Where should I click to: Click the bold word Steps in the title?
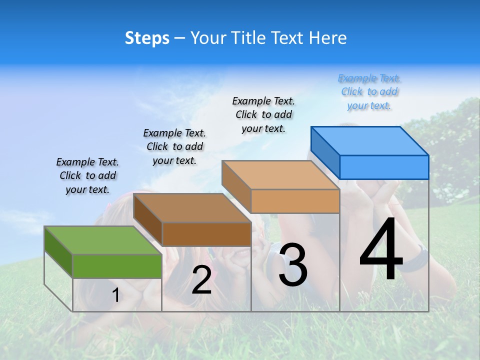147,38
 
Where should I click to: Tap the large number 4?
381,250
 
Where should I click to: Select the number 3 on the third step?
293,265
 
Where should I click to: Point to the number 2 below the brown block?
201,280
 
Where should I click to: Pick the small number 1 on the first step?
116,295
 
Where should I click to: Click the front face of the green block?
117,266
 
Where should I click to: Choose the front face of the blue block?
384,167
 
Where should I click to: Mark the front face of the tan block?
295,201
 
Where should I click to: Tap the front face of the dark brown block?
206,234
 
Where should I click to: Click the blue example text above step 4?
369,92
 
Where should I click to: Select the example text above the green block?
87,175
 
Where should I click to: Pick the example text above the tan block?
263,114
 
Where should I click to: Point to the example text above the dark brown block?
174,146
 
